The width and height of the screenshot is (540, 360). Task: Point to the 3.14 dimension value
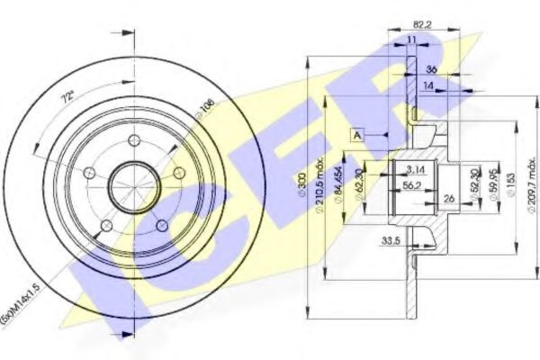pyautogui.click(x=416, y=168)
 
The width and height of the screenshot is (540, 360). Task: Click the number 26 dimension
pyautogui.click(x=449, y=200)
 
